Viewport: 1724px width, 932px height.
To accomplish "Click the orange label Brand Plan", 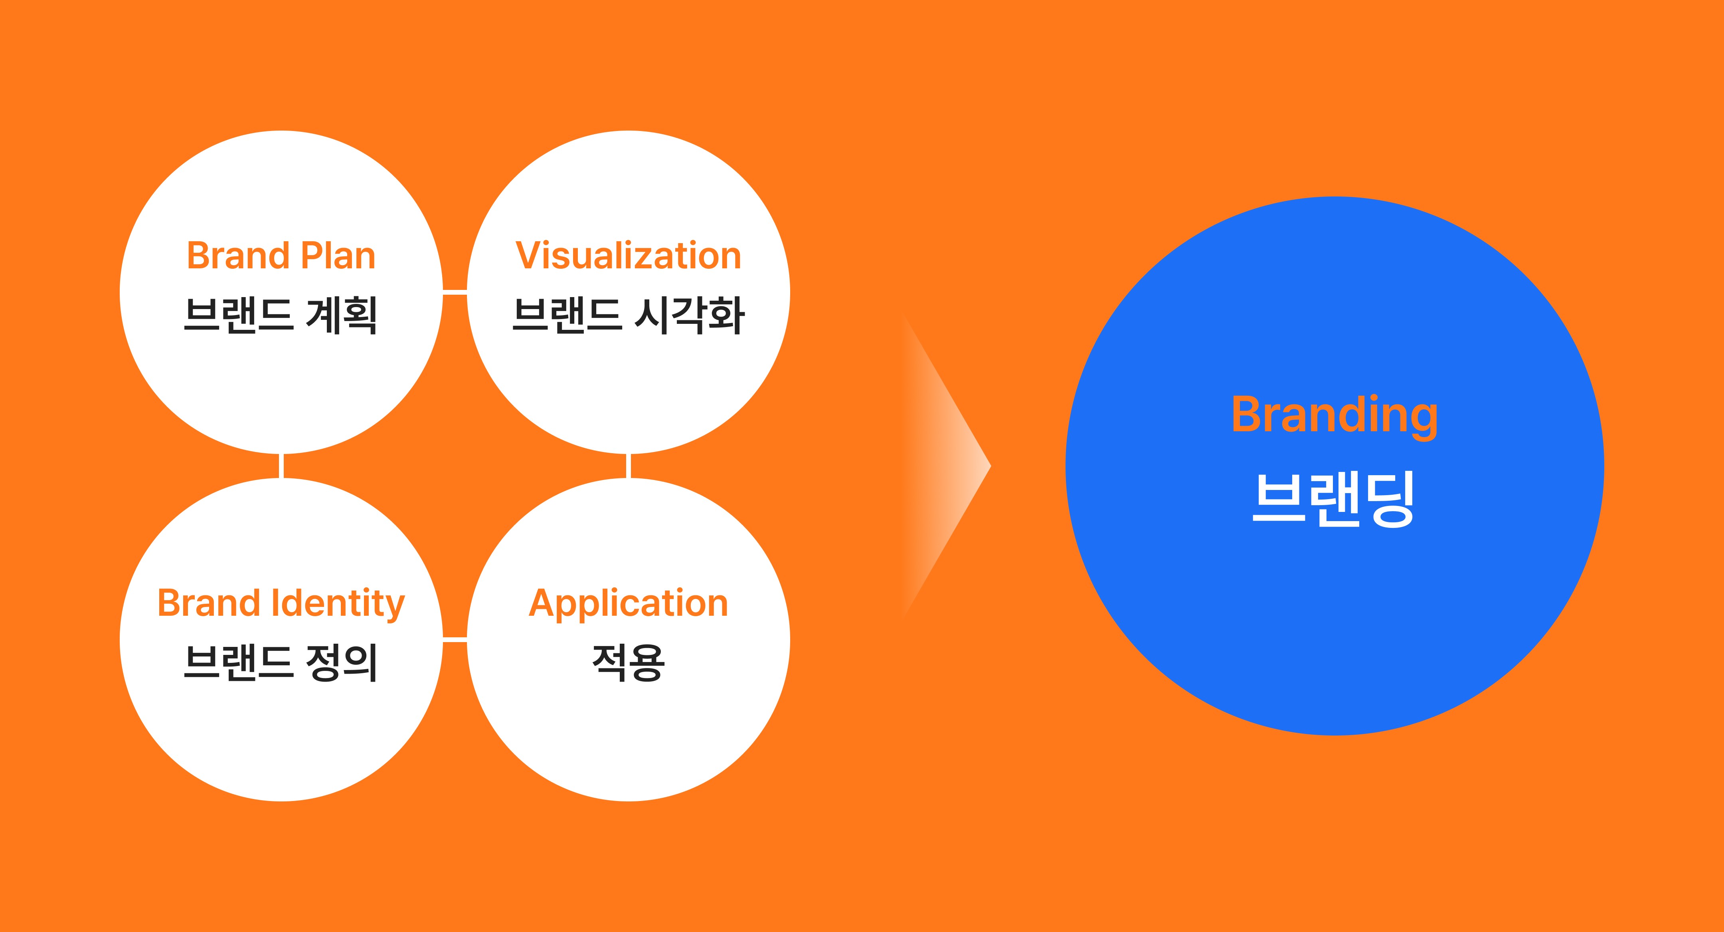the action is pos(281,256).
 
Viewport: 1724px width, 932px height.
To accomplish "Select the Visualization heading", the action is pos(629,256).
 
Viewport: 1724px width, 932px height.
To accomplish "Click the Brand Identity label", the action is pos(281,603).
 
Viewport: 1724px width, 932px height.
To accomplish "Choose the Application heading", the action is pos(629,603).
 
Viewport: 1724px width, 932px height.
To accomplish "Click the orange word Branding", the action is pos(1335,415).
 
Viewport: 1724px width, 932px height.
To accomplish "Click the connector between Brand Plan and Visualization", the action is pos(455,292).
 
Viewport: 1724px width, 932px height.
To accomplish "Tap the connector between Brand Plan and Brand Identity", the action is pos(281,466).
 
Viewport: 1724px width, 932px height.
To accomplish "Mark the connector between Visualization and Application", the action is pos(629,466).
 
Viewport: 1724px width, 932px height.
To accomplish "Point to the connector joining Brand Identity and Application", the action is pos(455,640).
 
